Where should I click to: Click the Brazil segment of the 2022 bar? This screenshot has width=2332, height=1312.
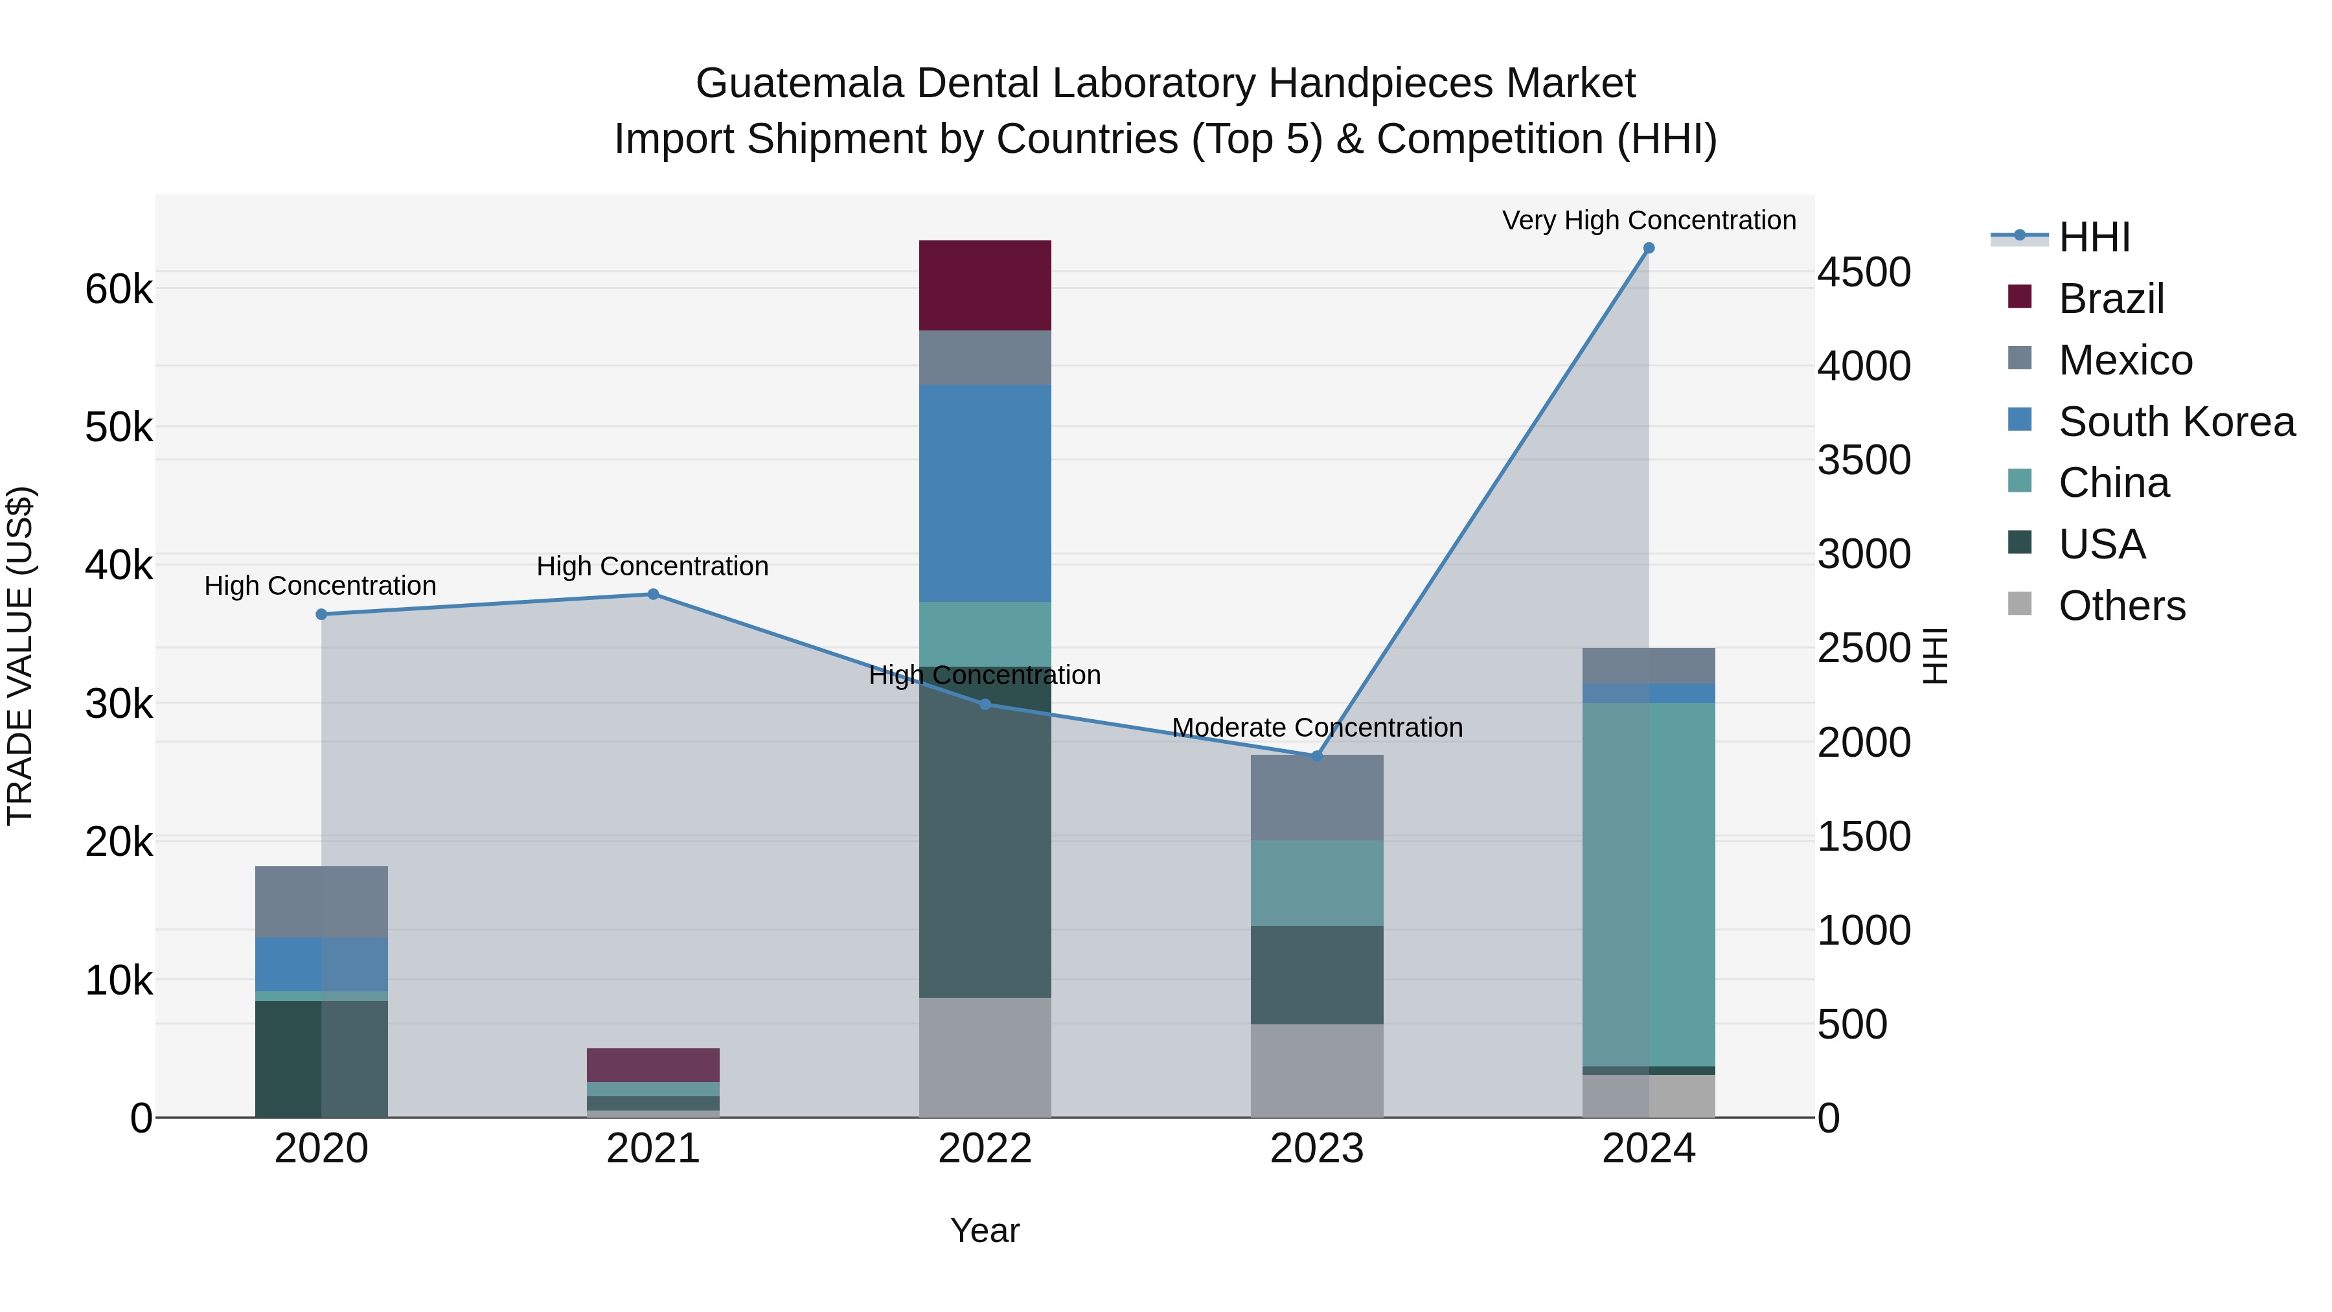tap(985, 285)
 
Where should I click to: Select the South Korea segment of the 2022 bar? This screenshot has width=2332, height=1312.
tap(985, 494)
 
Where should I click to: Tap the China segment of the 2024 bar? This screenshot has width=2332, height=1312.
tap(1649, 884)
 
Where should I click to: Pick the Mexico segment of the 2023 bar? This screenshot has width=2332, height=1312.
tap(1317, 798)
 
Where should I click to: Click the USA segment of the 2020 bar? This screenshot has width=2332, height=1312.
tap(321, 1059)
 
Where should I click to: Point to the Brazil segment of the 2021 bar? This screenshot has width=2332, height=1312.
tap(653, 1065)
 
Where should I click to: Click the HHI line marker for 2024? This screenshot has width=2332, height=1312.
tap(1649, 248)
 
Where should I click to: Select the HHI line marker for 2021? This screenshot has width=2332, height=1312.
tap(653, 594)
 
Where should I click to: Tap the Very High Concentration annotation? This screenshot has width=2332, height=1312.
tap(1649, 221)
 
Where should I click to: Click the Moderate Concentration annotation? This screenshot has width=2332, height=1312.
tap(1317, 728)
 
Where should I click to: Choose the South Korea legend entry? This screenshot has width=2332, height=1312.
tap(2177, 422)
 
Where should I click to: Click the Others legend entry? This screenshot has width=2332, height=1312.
tap(2121, 606)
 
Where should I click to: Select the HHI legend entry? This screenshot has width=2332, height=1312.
tap(2094, 237)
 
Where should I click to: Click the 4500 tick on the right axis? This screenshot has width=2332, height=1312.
tap(1864, 273)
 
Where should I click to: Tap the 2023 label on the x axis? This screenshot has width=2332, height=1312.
tap(1317, 1149)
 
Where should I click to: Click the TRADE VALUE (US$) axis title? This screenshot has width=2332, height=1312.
tap(20, 656)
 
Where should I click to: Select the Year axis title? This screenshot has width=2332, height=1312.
tap(985, 1230)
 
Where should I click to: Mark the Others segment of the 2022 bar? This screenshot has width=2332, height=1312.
tap(985, 1057)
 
